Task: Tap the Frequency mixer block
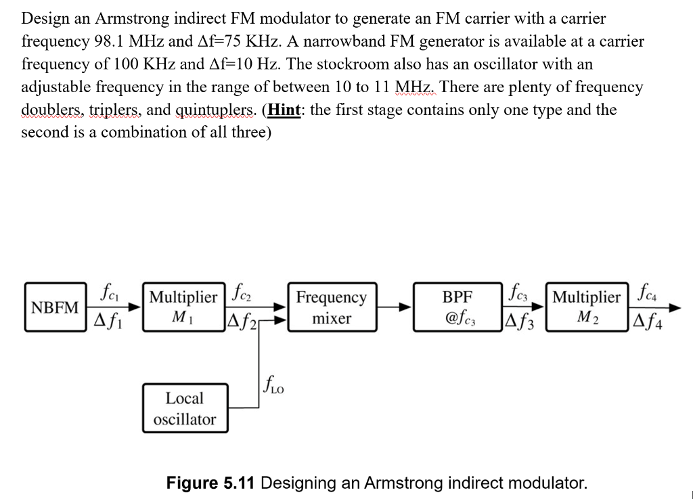click(x=332, y=307)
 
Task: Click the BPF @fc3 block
click(x=457, y=307)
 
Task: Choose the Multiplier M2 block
click(x=586, y=307)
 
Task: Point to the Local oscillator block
click(x=184, y=409)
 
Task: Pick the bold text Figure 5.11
click(x=210, y=483)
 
